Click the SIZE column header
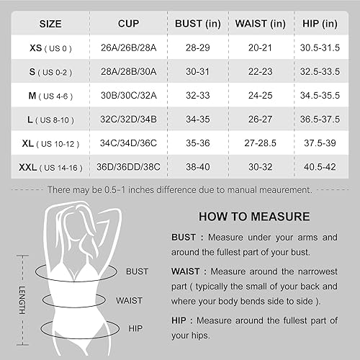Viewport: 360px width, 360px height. tap(50, 24)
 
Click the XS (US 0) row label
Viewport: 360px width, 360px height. tap(50, 49)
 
